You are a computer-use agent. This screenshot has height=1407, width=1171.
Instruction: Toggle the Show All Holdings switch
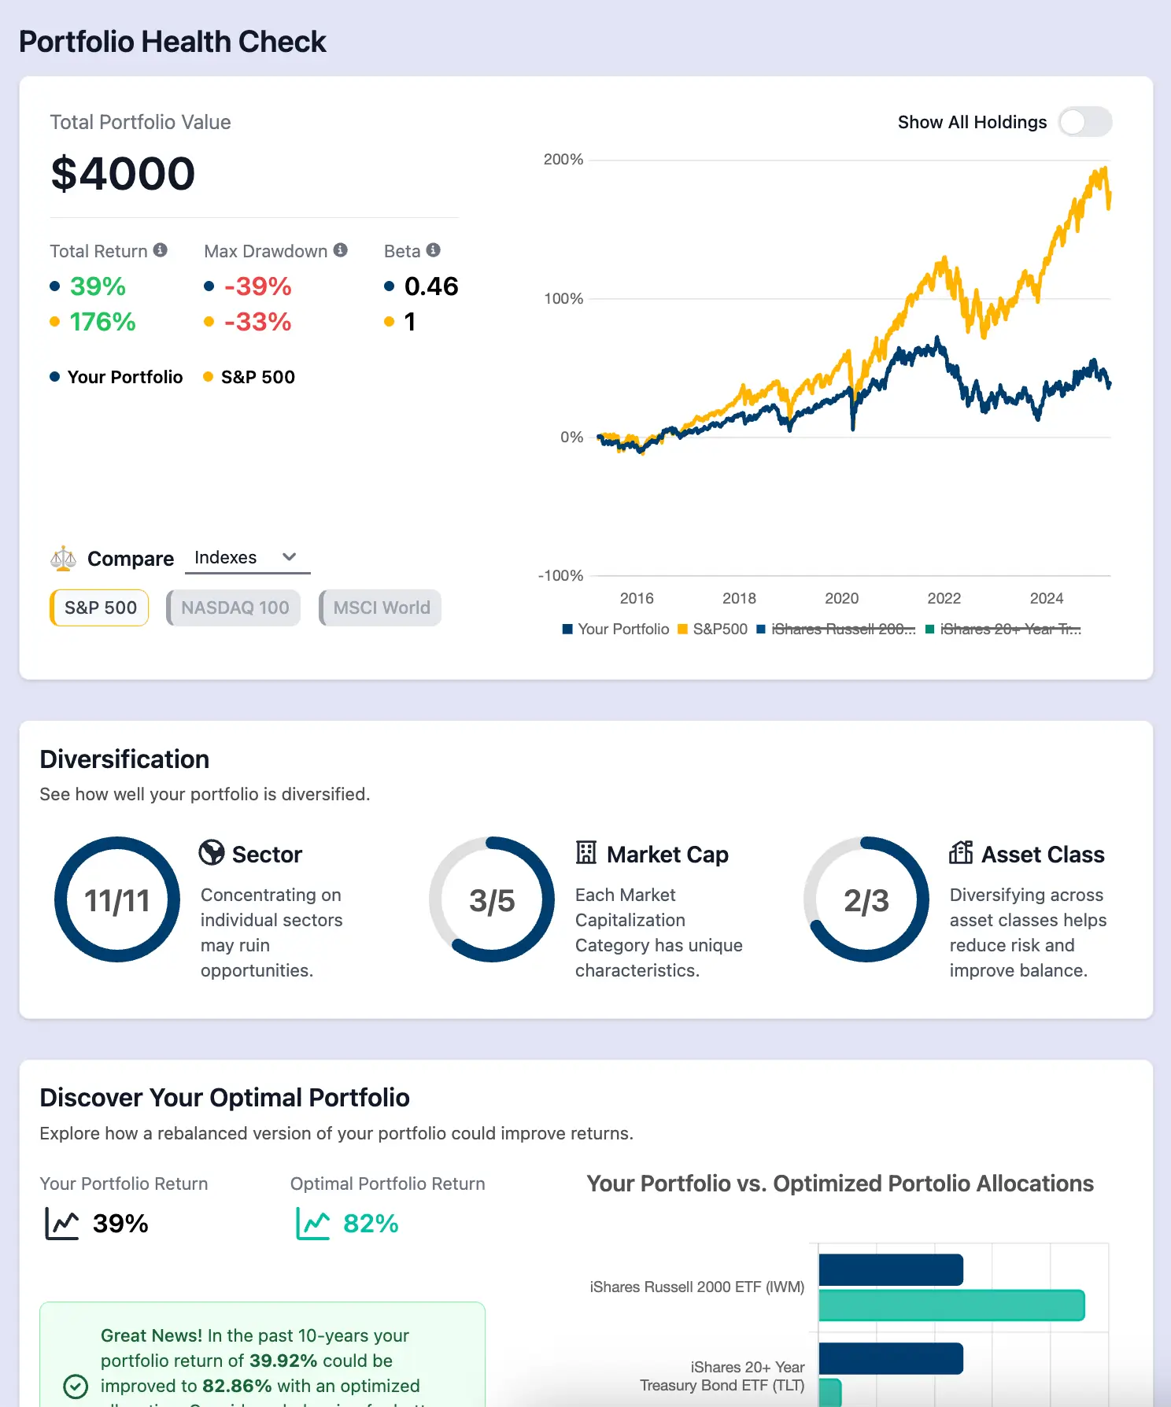click(x=1084, y=122)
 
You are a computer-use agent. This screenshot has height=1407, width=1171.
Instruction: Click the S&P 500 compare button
click(x=100, y=607)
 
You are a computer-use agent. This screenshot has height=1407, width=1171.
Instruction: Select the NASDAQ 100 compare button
click(x=235, y=607)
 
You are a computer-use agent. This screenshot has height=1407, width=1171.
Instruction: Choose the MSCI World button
click(x=381, y=607)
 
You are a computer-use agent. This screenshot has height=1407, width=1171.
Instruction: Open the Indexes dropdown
click(x=247, y=557)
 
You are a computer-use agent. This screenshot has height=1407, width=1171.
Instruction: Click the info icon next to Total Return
click(x=161, y=249)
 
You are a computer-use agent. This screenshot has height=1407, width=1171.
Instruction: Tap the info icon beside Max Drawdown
click(x=341, y=249)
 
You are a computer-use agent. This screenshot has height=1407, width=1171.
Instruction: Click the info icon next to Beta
click(x=434, y=249)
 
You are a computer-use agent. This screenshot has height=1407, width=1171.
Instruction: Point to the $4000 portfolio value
click(x=123, y=173)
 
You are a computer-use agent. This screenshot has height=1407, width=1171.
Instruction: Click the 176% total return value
click(x=102, y=321)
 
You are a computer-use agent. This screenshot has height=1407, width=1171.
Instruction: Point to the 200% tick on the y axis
click(x=563, y=160)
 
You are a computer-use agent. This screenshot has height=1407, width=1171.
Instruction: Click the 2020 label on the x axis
click(x=841, y=598)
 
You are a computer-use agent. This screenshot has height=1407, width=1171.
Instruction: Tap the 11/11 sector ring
click(x=117, y=899)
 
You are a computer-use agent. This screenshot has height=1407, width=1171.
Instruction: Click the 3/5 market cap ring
click(x=492, y=899)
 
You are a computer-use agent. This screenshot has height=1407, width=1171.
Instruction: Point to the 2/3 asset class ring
click(x=866, y=899)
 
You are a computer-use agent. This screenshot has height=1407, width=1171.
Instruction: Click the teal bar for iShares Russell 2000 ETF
click(x=951, y=1305)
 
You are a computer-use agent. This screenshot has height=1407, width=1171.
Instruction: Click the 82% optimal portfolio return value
click(x=370, y=1224)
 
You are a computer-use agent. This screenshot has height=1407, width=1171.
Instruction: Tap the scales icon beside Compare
click(x=63, y=558)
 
